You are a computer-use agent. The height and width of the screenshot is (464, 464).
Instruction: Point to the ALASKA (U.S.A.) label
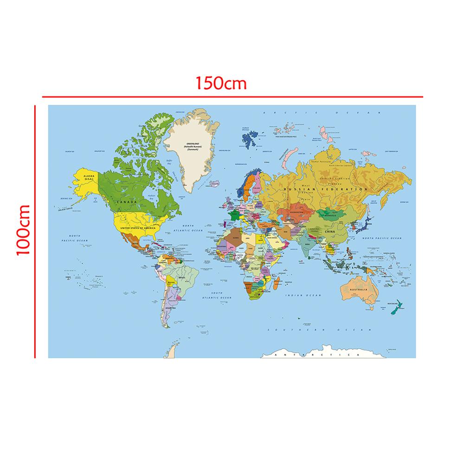(89, 178)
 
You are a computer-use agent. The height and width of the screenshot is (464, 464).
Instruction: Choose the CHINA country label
(330, 231)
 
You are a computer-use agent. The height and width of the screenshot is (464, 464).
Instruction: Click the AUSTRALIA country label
(360, 290)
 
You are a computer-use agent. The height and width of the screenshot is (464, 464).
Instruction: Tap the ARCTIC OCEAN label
(321, 113)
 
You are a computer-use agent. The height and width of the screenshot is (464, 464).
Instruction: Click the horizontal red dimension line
(232, 97)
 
